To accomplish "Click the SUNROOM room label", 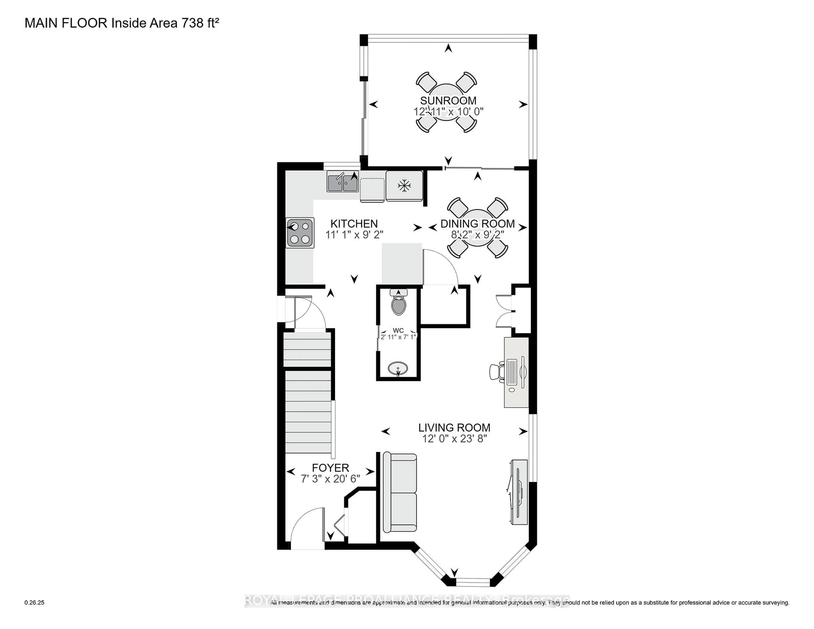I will [x=448, y=101].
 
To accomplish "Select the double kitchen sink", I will [x=343, y=181].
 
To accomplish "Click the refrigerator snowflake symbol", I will [x=404, y=186].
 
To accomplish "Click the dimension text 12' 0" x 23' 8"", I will [x=454, y=439].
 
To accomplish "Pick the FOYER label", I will [x=330, y=468].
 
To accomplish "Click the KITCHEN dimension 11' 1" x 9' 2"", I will [x=354, y=235].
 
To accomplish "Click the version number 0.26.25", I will [x=34, y=603].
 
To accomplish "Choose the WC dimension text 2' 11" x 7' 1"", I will [x=398, y=337].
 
